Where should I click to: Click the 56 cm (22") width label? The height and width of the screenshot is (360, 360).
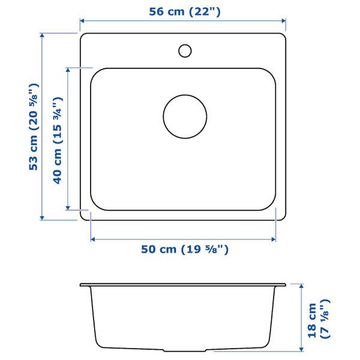click(185, 12)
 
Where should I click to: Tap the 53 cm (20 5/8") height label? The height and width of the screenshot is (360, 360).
click(34, 127)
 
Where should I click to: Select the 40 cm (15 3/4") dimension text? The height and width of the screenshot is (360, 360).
click(58, 140)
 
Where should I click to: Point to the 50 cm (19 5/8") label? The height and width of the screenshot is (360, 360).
click(185, 250)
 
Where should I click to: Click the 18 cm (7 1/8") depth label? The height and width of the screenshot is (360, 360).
click(319, 319)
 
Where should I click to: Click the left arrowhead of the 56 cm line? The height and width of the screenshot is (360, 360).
click(82, 21)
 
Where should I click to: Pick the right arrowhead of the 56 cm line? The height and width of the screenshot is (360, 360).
click(283, 21)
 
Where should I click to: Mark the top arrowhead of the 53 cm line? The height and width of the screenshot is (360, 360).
click(42, 35)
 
